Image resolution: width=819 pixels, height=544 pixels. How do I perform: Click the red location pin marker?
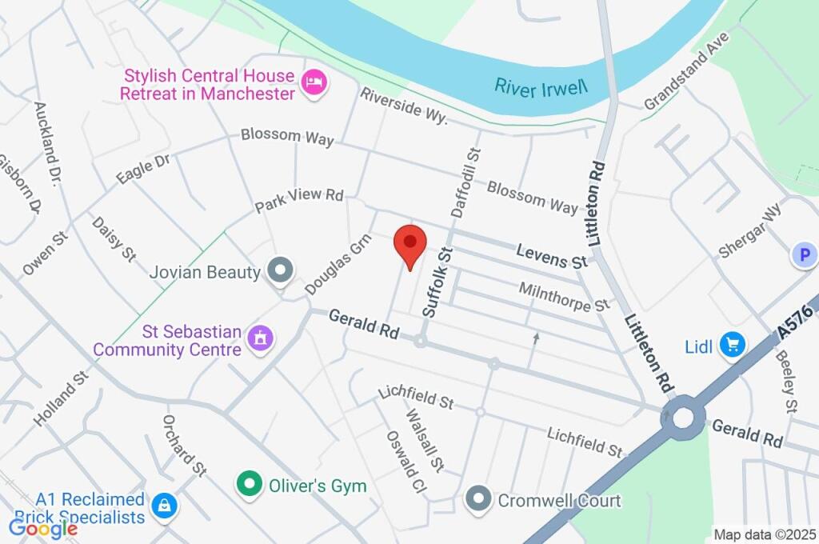[410, 243]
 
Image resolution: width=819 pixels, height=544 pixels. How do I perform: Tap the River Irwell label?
[541, 86]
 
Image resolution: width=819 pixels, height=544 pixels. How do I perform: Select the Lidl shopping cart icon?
[731, 346]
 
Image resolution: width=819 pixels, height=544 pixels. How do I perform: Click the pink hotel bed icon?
[314, 83]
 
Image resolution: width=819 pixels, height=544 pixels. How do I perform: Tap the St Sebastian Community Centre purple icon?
[260, 338]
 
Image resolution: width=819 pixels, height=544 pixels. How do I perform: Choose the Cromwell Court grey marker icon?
[478, 499]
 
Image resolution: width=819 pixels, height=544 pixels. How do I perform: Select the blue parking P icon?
[803, 255]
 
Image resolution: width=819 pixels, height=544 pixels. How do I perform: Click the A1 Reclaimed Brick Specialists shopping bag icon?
[164, 505]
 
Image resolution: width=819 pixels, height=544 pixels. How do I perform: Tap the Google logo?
[43, 527]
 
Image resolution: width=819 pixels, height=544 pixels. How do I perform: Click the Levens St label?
[552, 256]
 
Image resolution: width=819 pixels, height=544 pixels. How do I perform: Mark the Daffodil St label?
[467, 182]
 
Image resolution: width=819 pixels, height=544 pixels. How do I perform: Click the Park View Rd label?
[299, 200]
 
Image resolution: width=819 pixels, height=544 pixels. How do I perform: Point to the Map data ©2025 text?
[765, 534]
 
